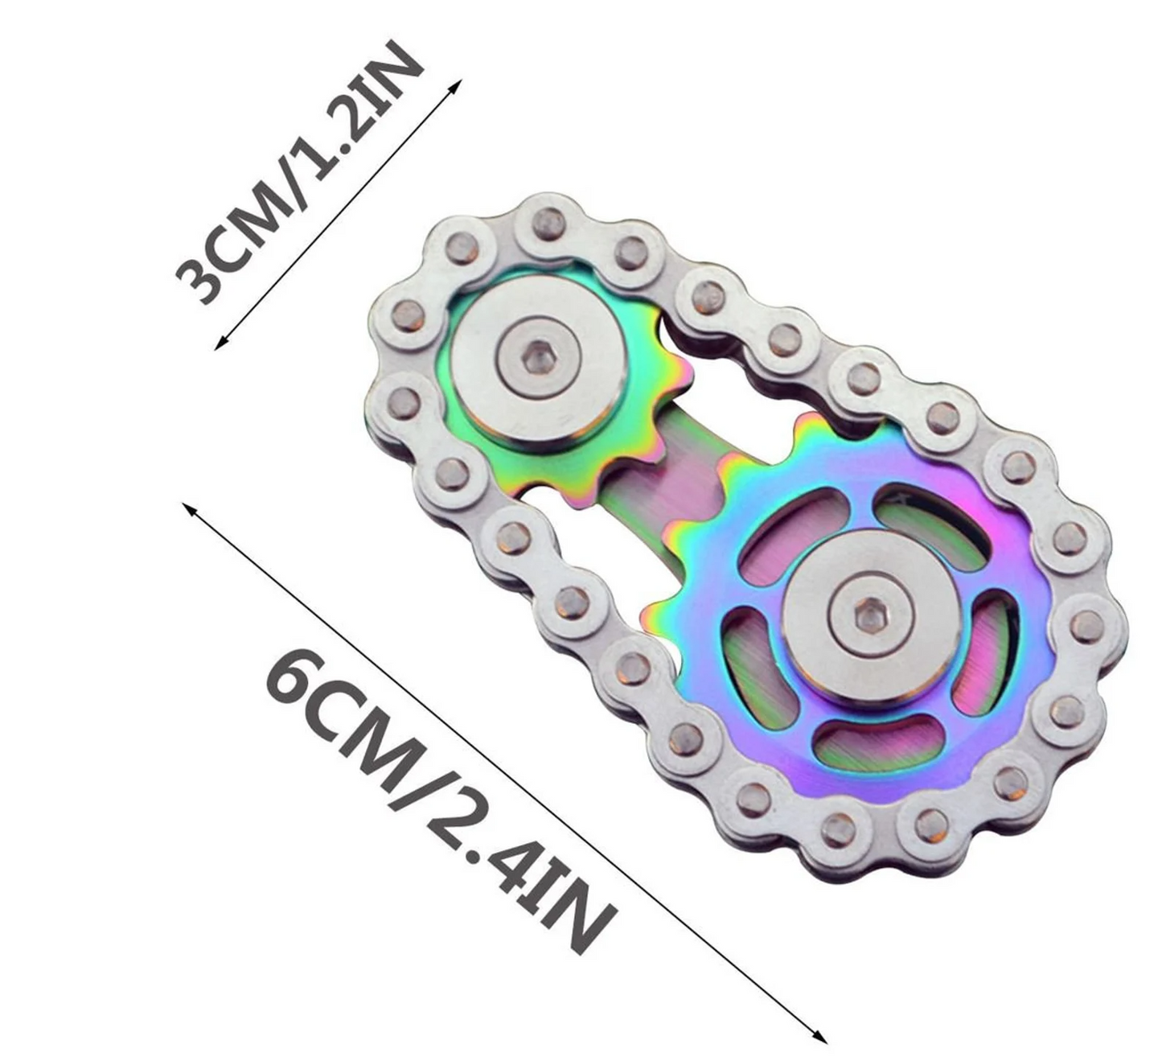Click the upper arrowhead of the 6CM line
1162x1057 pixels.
(x=189, y=509)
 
